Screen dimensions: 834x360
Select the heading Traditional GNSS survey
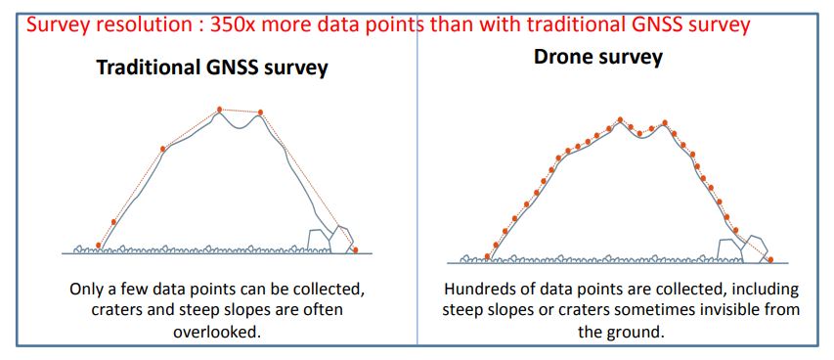pyautogui.click(x=212, y=67)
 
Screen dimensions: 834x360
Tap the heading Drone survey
pyautogui.click(x=598, y=57)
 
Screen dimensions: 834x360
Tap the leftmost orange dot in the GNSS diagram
pyautogui.click(x=99, y=245)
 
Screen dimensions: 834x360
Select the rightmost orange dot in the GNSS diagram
pyautogui.click(x=355, y=249)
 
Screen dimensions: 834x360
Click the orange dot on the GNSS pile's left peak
pyautogui.click(x=219, y=110)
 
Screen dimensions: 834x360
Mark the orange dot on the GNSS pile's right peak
pyautogui.click(x=261, y=112)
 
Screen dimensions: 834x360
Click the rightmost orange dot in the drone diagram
pyautogui.click(x=770, y=259)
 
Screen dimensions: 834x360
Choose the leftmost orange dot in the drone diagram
pyautogui.click(x=487, y=256)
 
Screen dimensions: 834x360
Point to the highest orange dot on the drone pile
pyautogui.click(x=620, y=119)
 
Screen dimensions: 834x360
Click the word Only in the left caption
pyautogui.click(x=86, y=291)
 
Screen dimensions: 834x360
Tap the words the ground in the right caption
pyautogui.click(x=621, y=333)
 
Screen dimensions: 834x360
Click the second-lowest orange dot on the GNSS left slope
pyautogui.click(x=113, y=221)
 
